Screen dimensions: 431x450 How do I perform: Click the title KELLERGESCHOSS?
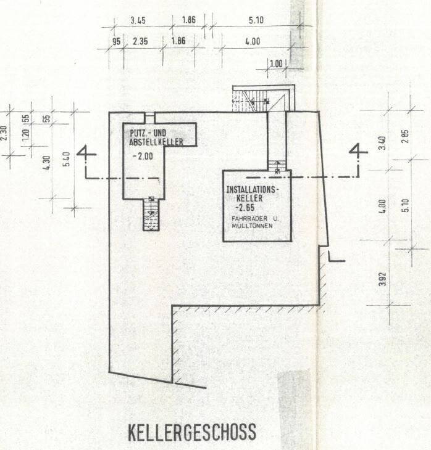pyautogui.click(x=192, y=432)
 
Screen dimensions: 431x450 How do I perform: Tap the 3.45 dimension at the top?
pyautogui.click(x=138, y=20)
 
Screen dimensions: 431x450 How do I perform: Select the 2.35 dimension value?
pyautogui.click(x=140, y=41)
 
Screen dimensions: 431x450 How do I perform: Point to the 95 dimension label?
pyautogui.click(x=116, y=42)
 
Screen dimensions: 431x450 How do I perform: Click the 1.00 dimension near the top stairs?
pyautogui.click(x=276, y=63)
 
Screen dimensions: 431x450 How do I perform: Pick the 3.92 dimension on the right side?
pyautogui.click(x=382, y=279)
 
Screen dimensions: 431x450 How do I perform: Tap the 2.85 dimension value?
pyautogui.click(x=406, y=137)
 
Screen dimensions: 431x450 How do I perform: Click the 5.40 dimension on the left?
pyautogui.click(x=67, y=159)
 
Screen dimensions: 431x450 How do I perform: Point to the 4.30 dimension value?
pyautogui.click(x=47, y=163)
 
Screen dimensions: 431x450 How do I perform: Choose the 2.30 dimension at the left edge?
pyautogui.click(x=4, y=133)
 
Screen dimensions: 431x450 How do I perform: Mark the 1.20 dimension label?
pyautogui.click(x=25, y=134)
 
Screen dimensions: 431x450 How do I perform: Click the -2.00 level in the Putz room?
pyautogui.click(x=143, y=157)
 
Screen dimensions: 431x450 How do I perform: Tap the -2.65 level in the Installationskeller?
pyautogui.click(x=245, y=207)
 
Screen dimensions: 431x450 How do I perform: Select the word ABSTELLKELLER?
pyautogui.click(x=156, y=142)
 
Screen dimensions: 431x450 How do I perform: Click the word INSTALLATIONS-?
pyautogui.click(x=253, y=189)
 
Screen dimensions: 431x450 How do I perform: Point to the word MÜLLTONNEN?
pyautogui.click(x=252, y=226)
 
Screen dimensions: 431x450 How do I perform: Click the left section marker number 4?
pyautogui.click(x=86, y=155)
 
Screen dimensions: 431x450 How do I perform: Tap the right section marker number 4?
pyautogui.click(x=358, y=152)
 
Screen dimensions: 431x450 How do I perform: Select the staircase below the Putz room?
pyautogui.click(x=151, y=215)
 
